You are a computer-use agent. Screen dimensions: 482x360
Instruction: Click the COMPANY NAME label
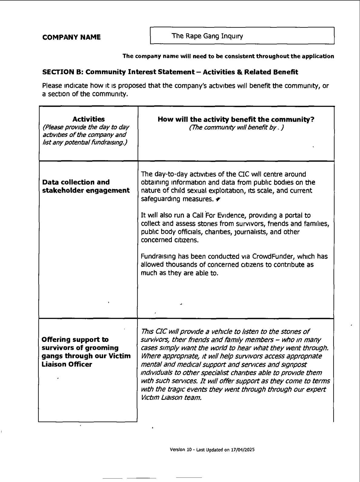pyautogui.click(x=72, y=37)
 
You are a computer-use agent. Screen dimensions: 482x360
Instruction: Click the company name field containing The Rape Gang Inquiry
pyautogui.click(x=242, y=36)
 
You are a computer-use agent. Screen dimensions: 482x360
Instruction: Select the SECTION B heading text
pyautogui.click(x=170, y=72)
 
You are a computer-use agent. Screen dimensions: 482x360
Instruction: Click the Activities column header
pyautogui.click(x=89, y=119)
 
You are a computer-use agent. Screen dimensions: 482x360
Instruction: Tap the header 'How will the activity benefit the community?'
pyautogui.click(x=236, y=119)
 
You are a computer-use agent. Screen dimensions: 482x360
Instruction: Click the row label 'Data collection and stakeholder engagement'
pyautogui.click(x=86, y=186)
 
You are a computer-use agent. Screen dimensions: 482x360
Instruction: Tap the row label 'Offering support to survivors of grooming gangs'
pyautogui.click(x=86, y=352)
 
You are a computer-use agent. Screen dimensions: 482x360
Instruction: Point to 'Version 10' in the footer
pyautogui.click(x=181, y=450)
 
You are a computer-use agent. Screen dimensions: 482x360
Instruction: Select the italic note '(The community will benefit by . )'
pyautogui.click(x=236, y=128)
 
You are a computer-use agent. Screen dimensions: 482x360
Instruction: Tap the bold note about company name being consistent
pyautogui.click(x=228, y=56)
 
